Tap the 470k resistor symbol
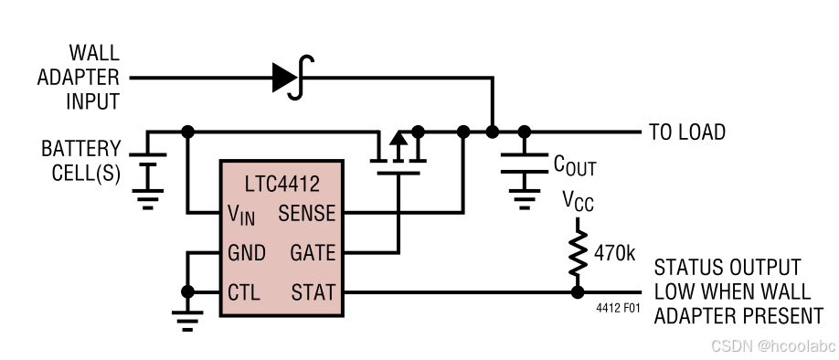click(577, 254)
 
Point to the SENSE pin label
click(306, 215)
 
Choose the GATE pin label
click(312, 253)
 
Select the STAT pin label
click(313, 293)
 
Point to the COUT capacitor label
click(574, 164)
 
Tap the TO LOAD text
click(686, 132)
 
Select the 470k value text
click(614, 253)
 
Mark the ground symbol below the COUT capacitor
click(524, 193)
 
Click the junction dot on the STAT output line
click(577, 292)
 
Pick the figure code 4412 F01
click(618, 309)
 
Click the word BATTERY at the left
click(80, 149)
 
